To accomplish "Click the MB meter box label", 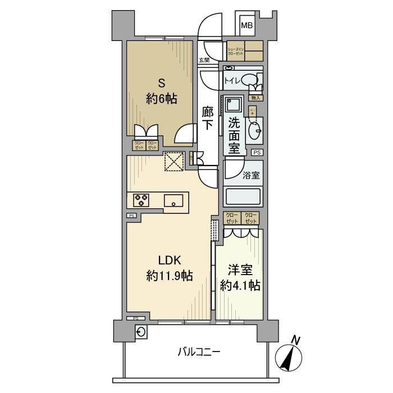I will (247, 25).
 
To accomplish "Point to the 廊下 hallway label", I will (207, 118).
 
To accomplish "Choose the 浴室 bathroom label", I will (250, 175).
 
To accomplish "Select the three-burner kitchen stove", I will (141, 199).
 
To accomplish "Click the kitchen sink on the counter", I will (174, 200).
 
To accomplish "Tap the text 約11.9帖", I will (170, 276).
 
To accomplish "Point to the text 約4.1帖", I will (239, 285).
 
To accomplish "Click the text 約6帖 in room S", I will (162, 99).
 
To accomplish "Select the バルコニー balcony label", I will (199, 353).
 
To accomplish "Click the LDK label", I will (169, 261).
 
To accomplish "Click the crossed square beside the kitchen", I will (173, 162).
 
